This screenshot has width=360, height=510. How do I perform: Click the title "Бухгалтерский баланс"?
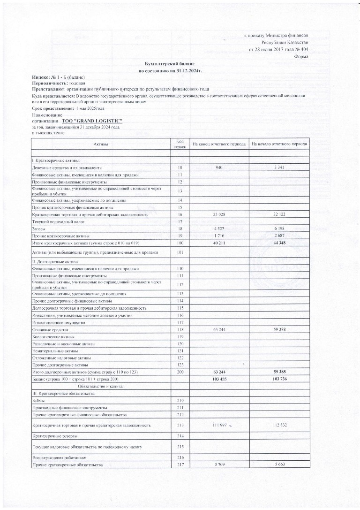(169, 62)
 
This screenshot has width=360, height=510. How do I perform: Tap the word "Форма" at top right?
(300, 56)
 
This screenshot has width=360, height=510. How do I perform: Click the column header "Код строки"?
(180, 144)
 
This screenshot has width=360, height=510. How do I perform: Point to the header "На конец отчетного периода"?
(218, 144)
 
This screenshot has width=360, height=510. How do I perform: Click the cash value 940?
(218, 167)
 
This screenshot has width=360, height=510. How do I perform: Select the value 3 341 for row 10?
(279, 167)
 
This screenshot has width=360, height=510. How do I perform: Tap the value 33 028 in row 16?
(218, 214)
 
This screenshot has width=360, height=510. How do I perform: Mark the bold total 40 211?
(218, 243)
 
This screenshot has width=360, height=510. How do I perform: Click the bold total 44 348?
(279, 243)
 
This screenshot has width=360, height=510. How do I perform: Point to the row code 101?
(180, 252)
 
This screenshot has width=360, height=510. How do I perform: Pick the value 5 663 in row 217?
(279, 464)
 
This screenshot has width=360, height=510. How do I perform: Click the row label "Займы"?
(38, 400)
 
